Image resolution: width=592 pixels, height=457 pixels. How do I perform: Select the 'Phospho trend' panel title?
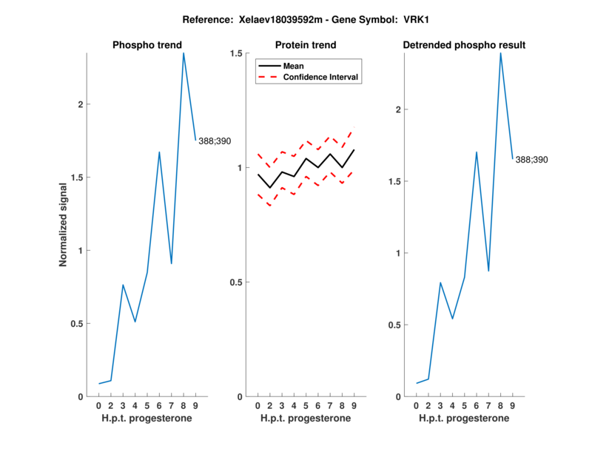click(147, 45)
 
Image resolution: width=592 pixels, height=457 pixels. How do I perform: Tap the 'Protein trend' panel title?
click(305, 45)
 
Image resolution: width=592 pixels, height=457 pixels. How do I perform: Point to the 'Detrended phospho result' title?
click(464, 45)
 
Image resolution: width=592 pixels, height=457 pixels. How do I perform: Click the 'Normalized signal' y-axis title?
click(63, 225)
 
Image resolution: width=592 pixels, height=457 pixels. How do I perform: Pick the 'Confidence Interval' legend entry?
click(321, 77)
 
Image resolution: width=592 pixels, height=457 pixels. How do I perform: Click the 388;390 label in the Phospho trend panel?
click(215, 141)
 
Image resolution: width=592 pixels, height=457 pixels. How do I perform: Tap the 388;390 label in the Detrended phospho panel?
click(532, 159)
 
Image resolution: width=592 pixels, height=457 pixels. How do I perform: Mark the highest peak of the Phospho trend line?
click(184, 53)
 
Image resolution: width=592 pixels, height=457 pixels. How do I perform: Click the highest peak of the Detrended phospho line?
click(501, 53)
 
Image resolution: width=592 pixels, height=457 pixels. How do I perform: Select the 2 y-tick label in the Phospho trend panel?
click(81, 104)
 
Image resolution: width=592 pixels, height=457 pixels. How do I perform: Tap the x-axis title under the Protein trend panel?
click(305, 419)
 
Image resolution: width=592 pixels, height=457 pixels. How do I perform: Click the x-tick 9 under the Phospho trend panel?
click(195, 406)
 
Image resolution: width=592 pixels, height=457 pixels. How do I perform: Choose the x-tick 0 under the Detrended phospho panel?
click(416, 406)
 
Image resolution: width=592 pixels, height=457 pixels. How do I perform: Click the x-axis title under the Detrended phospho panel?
click(464, 419)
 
